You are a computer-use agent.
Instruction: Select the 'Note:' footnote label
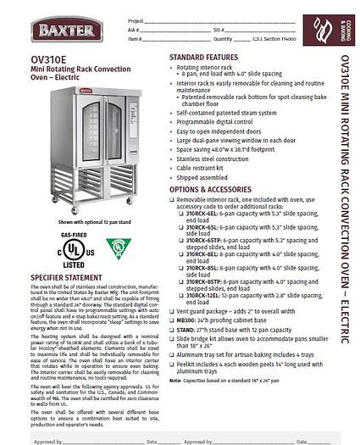click(x=174, y=381)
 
